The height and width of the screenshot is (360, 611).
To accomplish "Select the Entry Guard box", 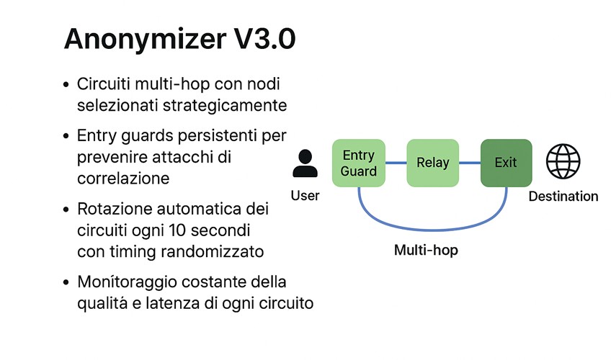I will pyautogui.click(x=359, y=163).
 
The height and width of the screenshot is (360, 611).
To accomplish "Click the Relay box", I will pyautogui.click(x=432, y=163).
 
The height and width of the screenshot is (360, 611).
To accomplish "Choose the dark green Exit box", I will pyautogui.click(x=506, y=163).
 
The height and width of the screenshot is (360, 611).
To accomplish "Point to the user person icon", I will pyautogui.click(x=305, y=163).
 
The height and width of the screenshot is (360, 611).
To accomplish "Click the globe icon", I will pyautogui.click(x=563, y=161).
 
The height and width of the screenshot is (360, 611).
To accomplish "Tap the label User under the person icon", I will pyautogui.click(x=305, y=195).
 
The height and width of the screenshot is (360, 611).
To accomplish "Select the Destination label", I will pyautogui.click(x=563, y=196).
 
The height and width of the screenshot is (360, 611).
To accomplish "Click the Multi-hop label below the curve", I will pyautogui.click(x=427, y=251).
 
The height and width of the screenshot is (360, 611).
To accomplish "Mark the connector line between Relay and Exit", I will pyautogui.click(x=470, y=163).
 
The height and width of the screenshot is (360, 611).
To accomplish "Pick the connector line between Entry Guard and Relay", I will pyautogui.click(x=396, y=163).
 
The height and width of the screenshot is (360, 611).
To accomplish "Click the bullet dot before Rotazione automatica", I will pyautogui.click(x=66, y=211).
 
